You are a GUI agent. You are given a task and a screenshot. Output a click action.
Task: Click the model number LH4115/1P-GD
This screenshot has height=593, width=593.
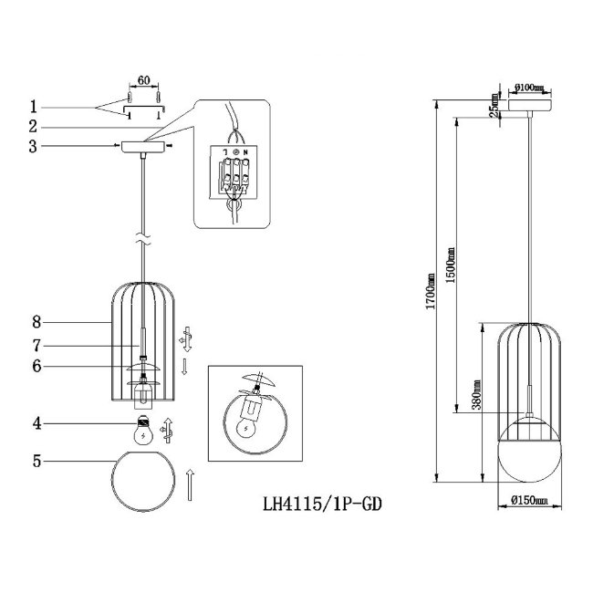click(x=322, y=505)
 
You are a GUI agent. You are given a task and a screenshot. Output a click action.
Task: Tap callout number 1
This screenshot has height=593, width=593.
click(x=34, y=107)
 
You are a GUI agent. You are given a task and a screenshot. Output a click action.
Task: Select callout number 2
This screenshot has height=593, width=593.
click(x=33, y=126)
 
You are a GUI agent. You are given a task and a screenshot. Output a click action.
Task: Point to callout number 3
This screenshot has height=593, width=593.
click(x=33, y=146)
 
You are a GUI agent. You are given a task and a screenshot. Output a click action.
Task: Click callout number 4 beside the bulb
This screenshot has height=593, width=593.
click(x=36, y=423)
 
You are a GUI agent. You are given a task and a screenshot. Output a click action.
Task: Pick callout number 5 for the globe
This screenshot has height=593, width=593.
click(x=36, y=461)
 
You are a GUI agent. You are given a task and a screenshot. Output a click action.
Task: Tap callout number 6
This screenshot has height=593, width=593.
click(x=36, y=366)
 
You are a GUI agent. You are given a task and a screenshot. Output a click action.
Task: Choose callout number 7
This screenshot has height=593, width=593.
click(x=36, y=345)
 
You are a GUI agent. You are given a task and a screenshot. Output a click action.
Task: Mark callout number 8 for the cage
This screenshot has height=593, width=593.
click(x=36, y=322)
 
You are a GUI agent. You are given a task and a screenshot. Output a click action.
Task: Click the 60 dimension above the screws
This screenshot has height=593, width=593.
click(x=144, y=80)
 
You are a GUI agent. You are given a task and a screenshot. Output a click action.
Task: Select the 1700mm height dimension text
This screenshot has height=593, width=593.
click(x=431, y=291)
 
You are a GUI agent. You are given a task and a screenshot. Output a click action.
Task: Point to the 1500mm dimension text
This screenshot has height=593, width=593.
click(x=450, y=265)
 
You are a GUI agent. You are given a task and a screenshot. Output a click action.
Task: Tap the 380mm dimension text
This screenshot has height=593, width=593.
click(x=476, y=395)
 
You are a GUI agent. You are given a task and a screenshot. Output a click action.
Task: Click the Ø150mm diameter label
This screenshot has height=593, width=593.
click(x=529, y=500)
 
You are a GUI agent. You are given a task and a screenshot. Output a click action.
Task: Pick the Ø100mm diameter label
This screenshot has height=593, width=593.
click(x=528, y=88)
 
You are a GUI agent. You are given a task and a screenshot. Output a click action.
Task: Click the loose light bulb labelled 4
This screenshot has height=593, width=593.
click(x=143, y=430)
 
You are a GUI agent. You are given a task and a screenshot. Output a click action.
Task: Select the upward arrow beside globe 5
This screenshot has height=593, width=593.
click(x=190, y=484)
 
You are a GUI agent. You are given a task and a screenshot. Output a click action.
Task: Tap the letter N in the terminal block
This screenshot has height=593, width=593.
click(x=245, y=152)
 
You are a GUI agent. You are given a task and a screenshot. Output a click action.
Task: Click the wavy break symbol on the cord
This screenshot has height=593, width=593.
click(x=143, y=239)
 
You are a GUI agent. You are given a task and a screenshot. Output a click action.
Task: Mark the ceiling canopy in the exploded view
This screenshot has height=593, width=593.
click(x=143, y=147)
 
